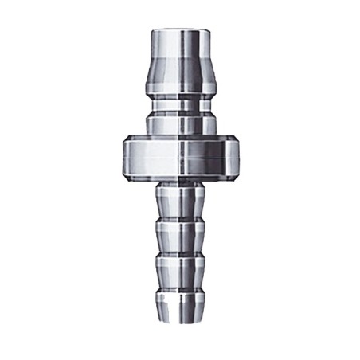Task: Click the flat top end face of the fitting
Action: coord(179,30)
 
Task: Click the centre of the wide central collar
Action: coord(179,157)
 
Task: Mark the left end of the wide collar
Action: coord(126,157)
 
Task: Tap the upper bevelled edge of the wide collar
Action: coord(179,140)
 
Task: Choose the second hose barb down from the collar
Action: coord(179,235)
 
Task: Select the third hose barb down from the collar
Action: coord(179,271)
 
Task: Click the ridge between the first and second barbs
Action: coord(179,219)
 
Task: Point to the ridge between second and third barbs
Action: coord(179,255)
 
